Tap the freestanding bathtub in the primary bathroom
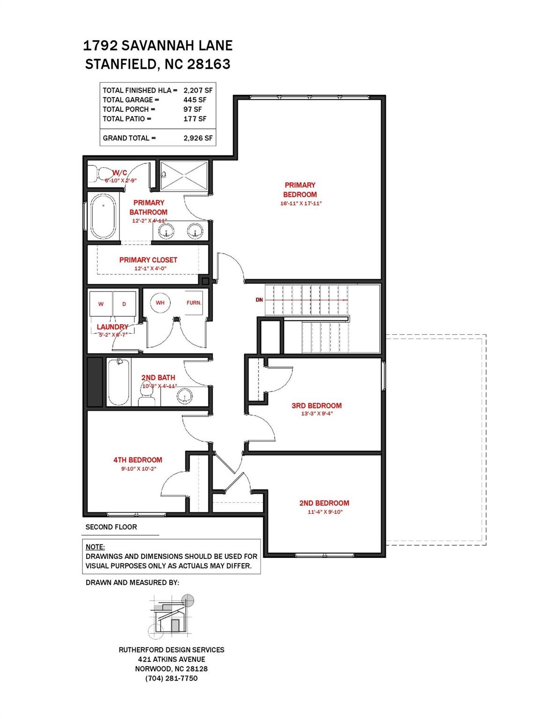pos(103,216)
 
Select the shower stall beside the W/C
pos(184,176)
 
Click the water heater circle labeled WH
pos(160,302)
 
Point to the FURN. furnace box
pos(193,303)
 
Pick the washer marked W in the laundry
pos(101,304)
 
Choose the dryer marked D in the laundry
pos(124,304)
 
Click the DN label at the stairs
pos(259,300)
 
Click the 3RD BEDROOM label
pos(316,405)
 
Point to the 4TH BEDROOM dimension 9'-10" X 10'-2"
pos(138,469)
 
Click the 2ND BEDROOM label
pos(324,503)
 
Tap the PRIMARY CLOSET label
pos(148,260)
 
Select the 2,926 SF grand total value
pos(198,138)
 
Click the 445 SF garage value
pos(195,100)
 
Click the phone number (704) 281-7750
pos(171,678)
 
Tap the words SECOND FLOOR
pos(111,527)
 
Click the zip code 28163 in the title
pos(209,64)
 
